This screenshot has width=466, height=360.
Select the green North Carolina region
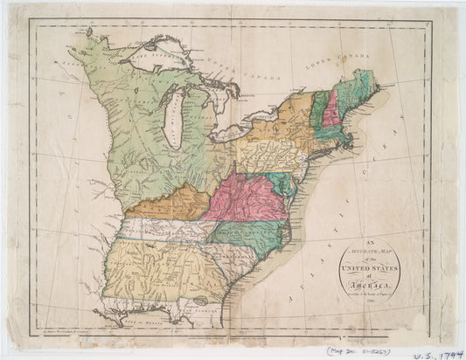(x=254, y=234)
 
